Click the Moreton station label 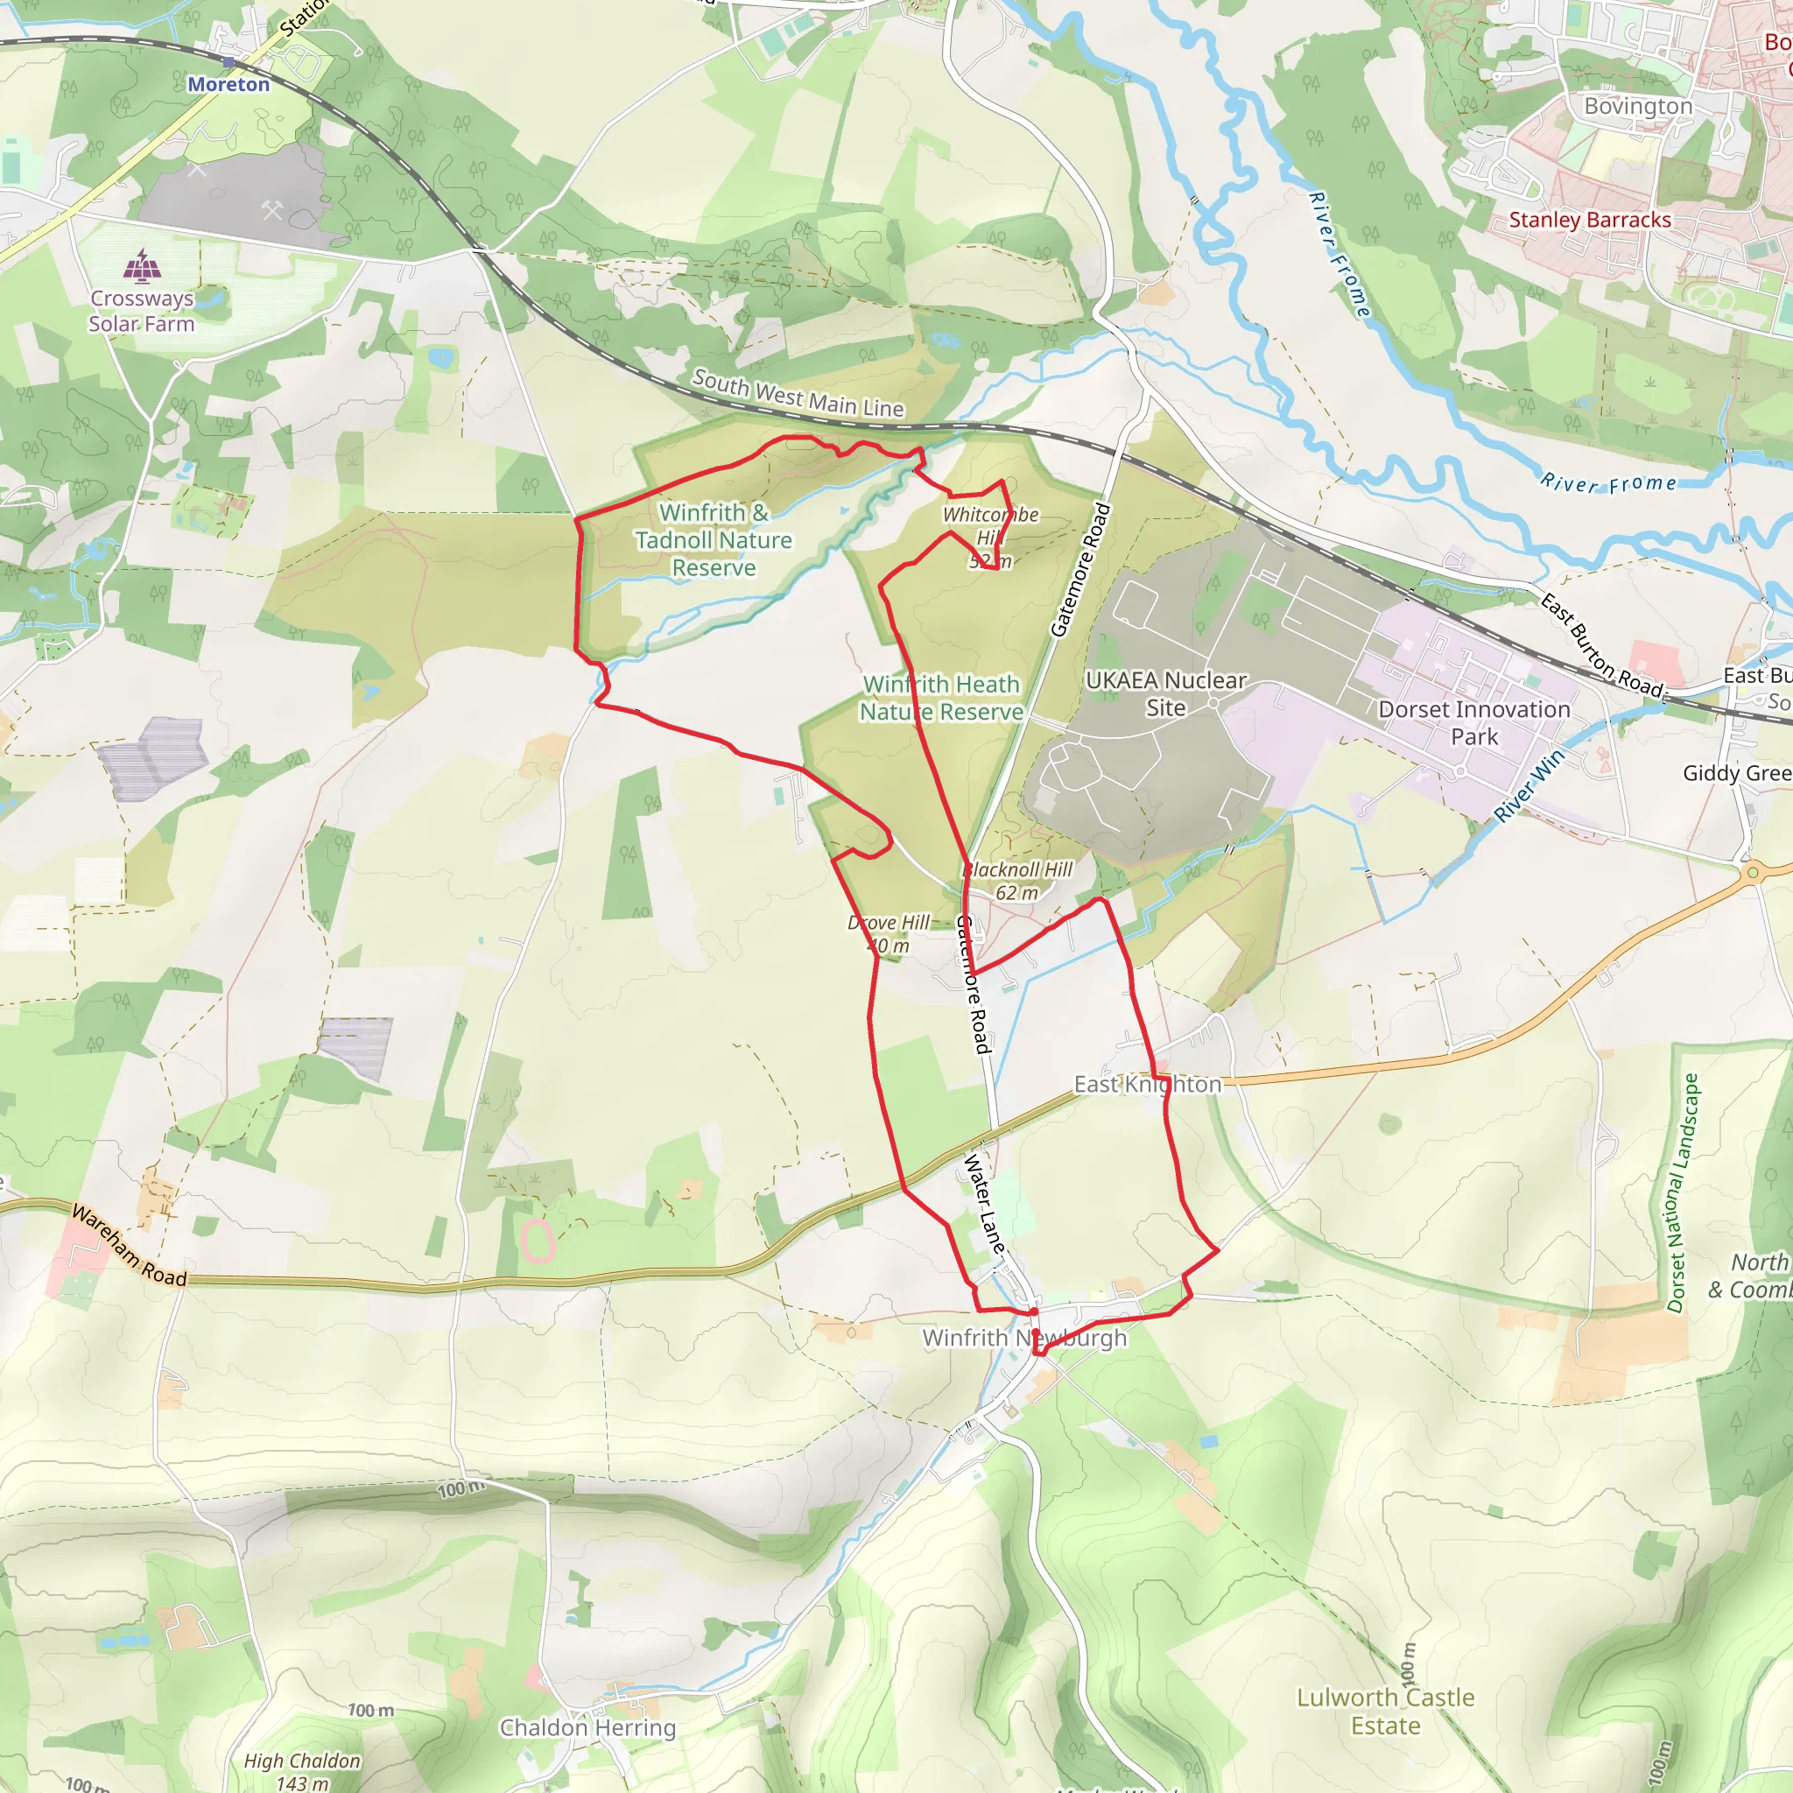pyautogui.click(x=229, y=84)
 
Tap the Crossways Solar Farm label pyautogui.click(x=142, y=311)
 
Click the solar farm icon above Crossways pyautogui.click(x=142, y=265)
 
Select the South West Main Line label pyautogui.click(x=798, y=393)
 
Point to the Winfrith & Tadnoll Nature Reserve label pyautogui.click(x=714, y=539)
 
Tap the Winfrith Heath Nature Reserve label pyautogui.click(x=941, y=698)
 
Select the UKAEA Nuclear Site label pyautogui.click(x=1165, y=694)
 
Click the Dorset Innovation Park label pyautogui.click(x=1473, y=723)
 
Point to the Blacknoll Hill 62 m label pyautogui.click(x=1017, y=881)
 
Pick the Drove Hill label pyautogui.click(x=888, y=933)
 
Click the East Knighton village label pyautogui.click(x=1147, y=1084)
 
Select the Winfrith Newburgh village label pyautogui.click(x=1024, y=1338)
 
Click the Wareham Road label pyautogui.click(x=129, y=1247)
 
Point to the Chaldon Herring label pyautogui.click(x=587, y=1727)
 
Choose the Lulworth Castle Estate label pyautogui.click(x=1386, y=1712)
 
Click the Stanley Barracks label pyautogui.click(x=1590, y=220)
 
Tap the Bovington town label pyautogui.click(x=1638, y=106)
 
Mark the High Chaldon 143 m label pyautogui.click(x=302, y=1771)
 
